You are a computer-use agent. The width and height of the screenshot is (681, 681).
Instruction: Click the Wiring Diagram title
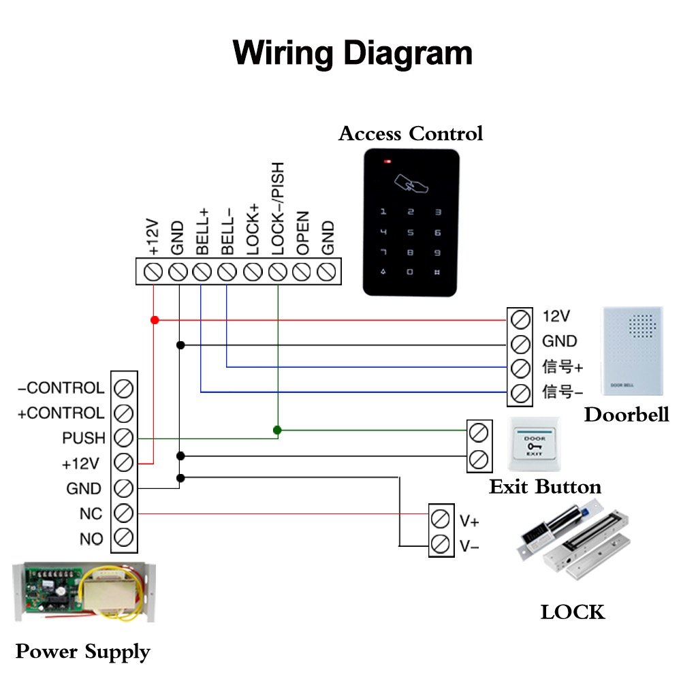(x=352, y=52)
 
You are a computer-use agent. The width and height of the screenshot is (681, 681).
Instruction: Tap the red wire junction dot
(x=155, y=319)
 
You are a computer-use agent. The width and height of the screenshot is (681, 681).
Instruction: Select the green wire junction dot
(x=277, y=430)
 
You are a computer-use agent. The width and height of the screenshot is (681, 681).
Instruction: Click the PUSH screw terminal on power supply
(x=124, y=437)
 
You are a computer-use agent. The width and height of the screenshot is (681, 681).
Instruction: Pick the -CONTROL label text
(x=61, y=388)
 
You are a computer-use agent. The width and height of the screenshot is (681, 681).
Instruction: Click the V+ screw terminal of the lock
(x=441, y=520)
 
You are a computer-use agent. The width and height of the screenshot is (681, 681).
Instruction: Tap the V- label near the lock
(x=469, y=545)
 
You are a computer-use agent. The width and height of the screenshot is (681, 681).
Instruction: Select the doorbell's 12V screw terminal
(x=521, y=318)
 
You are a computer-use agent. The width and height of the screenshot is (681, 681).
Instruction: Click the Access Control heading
(x=411, y=133)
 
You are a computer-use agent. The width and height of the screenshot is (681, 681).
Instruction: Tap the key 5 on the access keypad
(x=410, y=233)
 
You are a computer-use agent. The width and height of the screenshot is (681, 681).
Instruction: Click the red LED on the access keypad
(x=387, y=162)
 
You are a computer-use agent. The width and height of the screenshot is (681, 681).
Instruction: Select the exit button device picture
(x=535, y=443)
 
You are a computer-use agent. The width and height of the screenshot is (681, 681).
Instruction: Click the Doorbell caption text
(x=627, y=415)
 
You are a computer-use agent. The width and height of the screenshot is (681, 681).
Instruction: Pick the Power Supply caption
(x=82, y=652)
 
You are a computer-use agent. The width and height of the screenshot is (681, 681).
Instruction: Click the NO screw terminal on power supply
(x=124, y=538)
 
